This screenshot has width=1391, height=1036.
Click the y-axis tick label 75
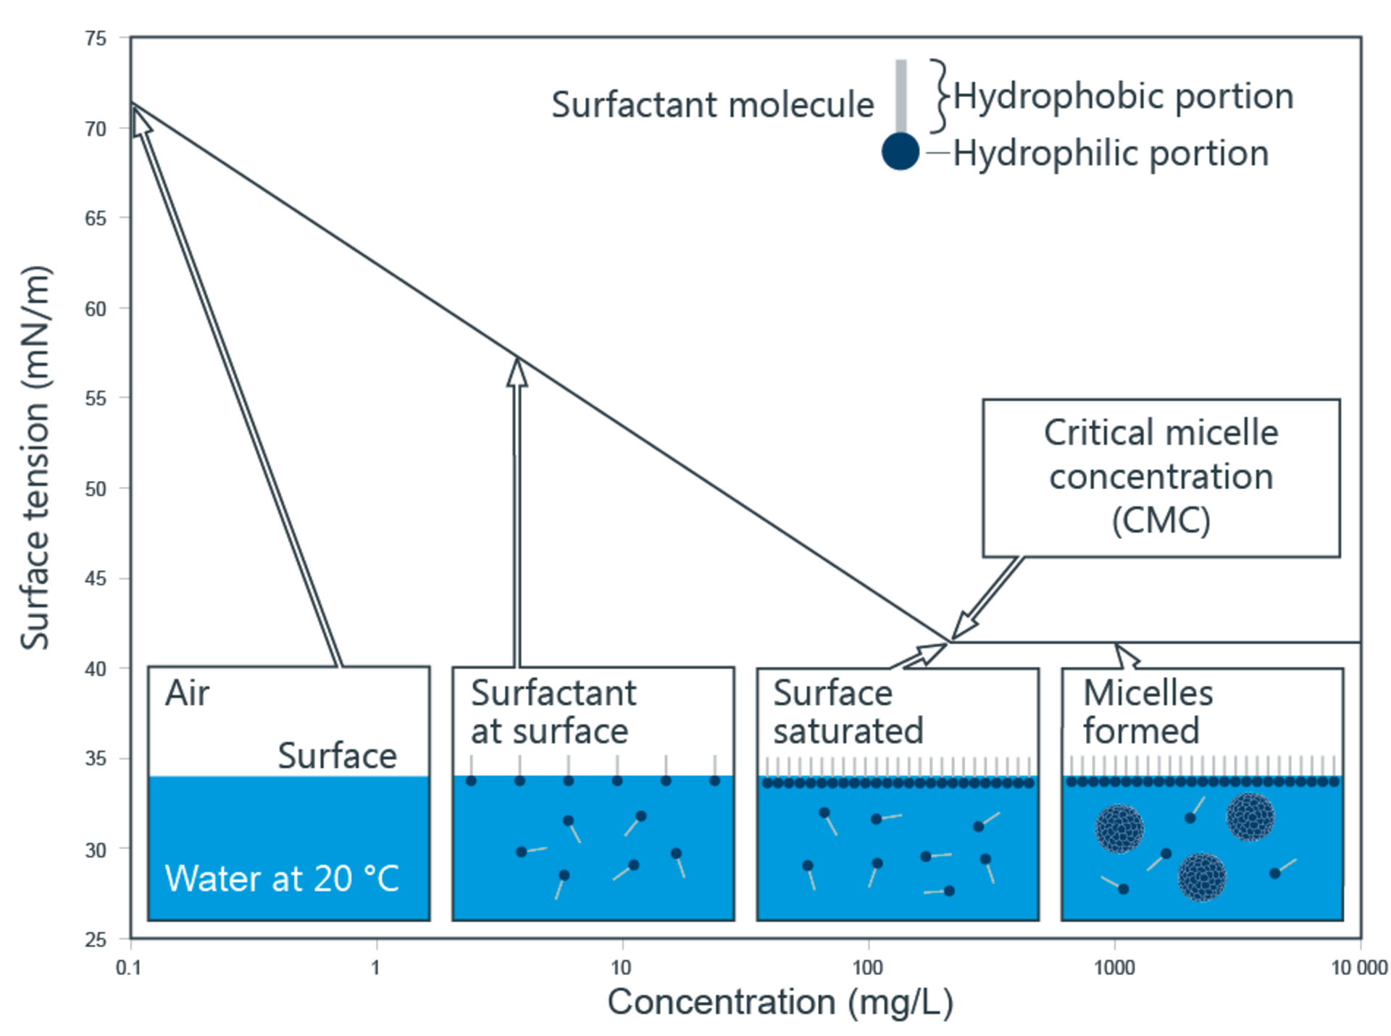coord(96,38)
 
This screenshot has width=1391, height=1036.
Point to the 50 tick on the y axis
coord(96,489)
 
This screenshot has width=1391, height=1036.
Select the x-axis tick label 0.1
coord(129,968)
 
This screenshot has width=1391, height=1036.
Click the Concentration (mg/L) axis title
coord(780,1003)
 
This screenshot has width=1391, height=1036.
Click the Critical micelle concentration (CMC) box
coord(1161,477)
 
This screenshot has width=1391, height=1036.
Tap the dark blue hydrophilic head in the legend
coord(901,151)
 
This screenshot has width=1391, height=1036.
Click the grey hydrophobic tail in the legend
coord(901,96)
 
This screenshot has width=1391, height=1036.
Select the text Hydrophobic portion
coord(1122,96)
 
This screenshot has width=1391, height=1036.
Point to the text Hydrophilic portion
coord(1110,154)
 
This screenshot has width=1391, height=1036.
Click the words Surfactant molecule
coord(712,105)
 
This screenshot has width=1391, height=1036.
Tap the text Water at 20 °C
coord(282,879)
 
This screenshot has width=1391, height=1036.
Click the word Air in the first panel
coord(187,694)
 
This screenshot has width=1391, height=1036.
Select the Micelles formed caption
coord(1148,712)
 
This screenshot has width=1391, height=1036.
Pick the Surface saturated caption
coord(848,712)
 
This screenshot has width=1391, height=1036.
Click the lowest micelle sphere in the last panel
coord(1201,877)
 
